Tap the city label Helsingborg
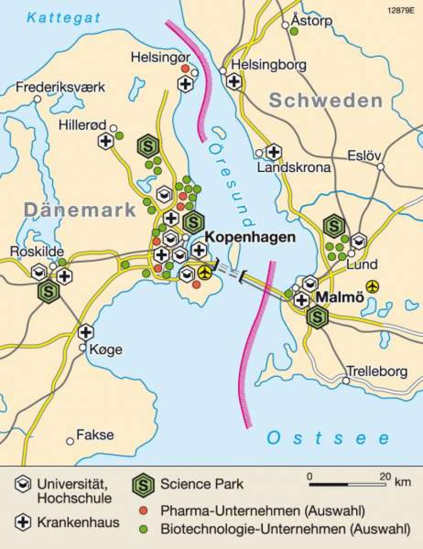(x=269, y=65)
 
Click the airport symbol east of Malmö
(x=373, y=287)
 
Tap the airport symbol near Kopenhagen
(x=205, y=273)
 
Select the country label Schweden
(x=326, y=101)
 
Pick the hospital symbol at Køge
(x=86, y=332)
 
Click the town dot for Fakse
(x=70, y=441)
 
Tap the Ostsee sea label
(x=328, y=438)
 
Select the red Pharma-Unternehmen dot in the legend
(x=145, y=511)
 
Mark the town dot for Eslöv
(x=381, y=167)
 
